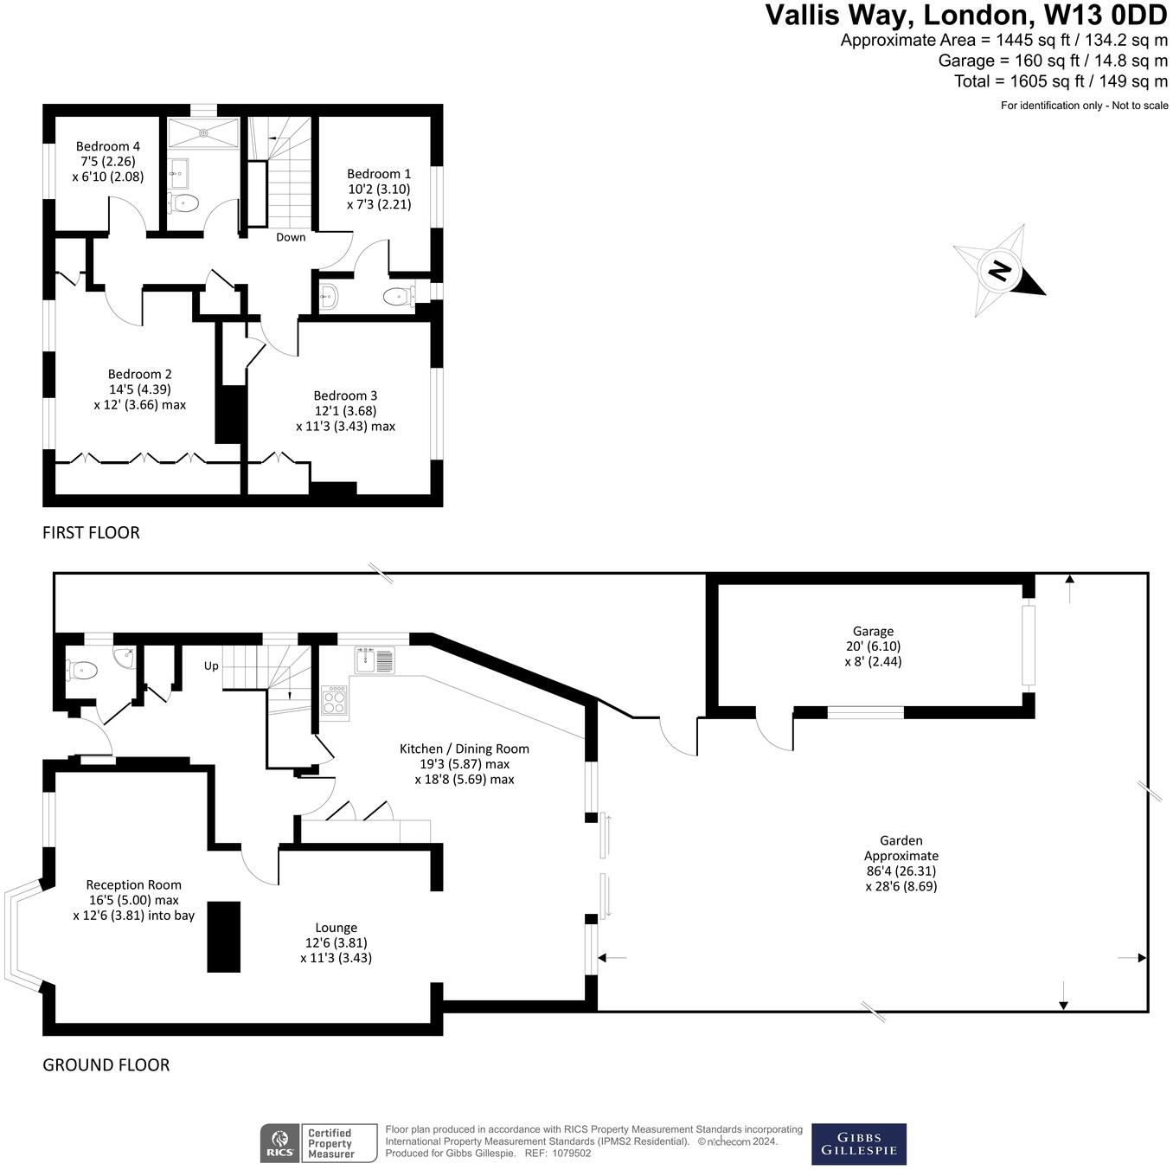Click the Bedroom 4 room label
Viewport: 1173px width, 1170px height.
[x=108, y=147]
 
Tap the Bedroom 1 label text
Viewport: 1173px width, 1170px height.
[x=379, y=174]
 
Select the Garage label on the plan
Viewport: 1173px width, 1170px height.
[x=873, y=632]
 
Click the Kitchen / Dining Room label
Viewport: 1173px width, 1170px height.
[x=464, y=749]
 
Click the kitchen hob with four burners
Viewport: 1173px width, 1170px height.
[x=335, y=700]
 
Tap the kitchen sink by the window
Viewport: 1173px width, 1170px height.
[x=374, y=660]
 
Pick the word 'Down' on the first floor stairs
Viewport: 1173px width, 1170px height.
[x=291, y=237]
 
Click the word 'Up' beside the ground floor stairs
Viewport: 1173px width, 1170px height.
[x=211, y=666]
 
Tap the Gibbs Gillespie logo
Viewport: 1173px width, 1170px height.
[x=858, y=1144]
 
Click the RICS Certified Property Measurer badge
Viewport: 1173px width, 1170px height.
[x=319, y=1143]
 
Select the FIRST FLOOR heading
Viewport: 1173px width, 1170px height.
[x=91, y=533]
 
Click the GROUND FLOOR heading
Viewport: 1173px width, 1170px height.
[x=106, y=1065]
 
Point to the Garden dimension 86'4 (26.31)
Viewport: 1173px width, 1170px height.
[x=901, y=871]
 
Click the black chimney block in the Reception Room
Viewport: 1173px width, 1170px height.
[x=223, y=936]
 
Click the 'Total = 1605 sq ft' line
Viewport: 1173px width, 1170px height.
[x=1061, y=81]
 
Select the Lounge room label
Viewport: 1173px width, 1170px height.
[x=336, y=928]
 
